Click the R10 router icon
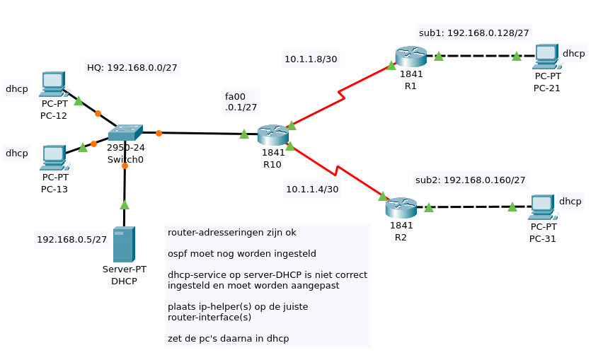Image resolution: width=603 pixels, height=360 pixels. click(272, 134)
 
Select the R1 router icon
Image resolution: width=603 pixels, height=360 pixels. click(410, 56)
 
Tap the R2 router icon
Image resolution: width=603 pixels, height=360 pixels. click(401, 207)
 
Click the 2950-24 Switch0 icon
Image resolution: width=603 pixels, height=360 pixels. click(125, 132)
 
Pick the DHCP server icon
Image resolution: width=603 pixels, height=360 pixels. click(124, 245)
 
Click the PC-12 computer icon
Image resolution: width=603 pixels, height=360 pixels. click(53, 84)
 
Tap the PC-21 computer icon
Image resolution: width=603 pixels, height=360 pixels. click(546, 57)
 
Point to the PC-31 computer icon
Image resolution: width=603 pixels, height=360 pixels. click(541, 207)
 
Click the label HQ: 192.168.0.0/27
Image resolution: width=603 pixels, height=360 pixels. click(132, 68)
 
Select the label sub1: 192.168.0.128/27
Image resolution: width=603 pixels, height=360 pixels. click(473, 33)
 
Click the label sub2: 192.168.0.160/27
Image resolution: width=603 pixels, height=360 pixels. click(470, 180)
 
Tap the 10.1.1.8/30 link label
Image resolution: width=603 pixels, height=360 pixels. click(311, 59)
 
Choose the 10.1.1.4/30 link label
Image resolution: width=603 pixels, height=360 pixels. click(312, 189)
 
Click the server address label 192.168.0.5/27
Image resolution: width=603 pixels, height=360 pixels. click(71, 240)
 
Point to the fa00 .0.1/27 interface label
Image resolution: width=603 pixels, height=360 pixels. click(241, 102)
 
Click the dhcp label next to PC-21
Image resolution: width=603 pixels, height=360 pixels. click(573, 53)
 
